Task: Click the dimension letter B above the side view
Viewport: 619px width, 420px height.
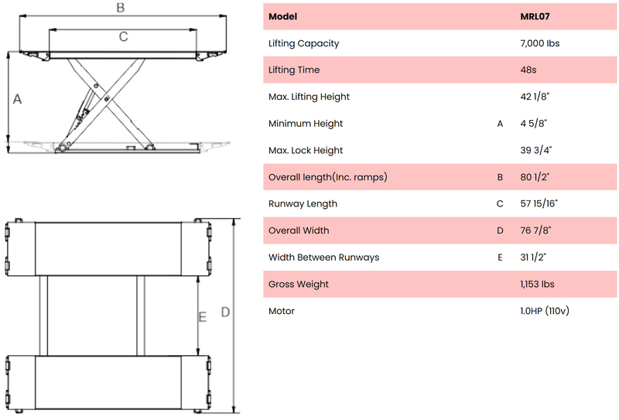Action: tap(121, 8)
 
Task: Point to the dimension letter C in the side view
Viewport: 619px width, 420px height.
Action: tap(124, 36)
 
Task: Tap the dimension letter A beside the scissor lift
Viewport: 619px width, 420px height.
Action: tap(17, 99)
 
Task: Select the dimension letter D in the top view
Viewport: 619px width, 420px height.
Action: tap(225, 312)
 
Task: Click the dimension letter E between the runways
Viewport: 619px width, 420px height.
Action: tap(203, 317)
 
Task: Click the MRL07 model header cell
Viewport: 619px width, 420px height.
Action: tap(535, 16)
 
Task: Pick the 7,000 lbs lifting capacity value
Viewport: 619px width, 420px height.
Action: tap(539, 43)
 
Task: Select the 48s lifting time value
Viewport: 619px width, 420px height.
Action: tap(528, 70)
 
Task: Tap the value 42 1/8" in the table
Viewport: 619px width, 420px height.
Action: tap(535, 97)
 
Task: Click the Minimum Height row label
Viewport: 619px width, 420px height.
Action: tap(306, 124)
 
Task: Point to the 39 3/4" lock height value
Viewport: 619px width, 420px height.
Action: tap(536, 150)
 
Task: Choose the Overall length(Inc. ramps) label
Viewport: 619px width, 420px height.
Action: tap(327, 177)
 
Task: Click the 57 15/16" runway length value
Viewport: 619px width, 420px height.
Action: tap(539, 203)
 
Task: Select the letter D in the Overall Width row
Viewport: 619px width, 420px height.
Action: tap(500, 230)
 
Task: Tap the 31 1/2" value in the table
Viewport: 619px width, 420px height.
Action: tap(533, 258)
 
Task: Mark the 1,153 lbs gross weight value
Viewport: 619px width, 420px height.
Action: tap(537, 284)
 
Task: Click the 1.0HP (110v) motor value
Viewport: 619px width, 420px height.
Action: tap(545, 311)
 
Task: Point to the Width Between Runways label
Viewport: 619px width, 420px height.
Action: tap(323, 258)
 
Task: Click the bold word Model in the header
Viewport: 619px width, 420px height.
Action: tap(282, 16)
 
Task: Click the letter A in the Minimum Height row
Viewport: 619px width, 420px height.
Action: tap(500, 124)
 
